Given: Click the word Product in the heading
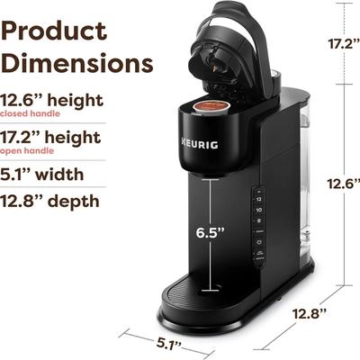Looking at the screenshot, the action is click(x=54, y=31).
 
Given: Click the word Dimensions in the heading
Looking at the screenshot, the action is click(x=77, y=62).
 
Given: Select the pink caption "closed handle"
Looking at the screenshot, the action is click(x=30, y=113).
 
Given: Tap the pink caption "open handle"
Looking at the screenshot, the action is click(x=27, y=150).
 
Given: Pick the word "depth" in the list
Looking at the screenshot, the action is click(x=74, y=201).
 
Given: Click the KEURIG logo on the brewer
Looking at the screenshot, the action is click(x=200, y=144).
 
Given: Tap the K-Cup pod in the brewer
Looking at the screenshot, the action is click(x=211, y=107).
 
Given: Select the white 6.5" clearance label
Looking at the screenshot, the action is click(x=210, y=232).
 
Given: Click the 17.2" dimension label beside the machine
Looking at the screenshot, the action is click(x=344, y=44).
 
